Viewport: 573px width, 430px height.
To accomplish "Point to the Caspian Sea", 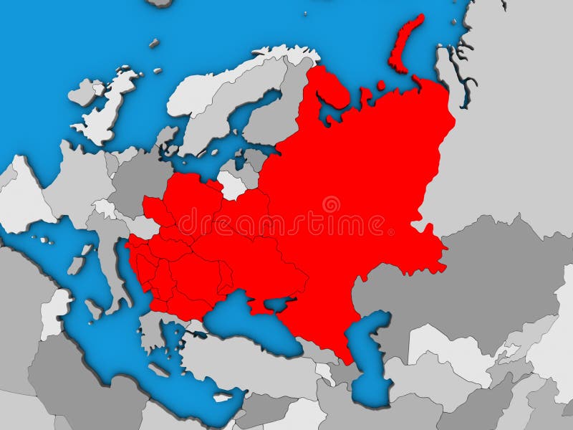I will coord(372,351).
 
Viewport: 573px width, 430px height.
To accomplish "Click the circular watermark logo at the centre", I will coord(331,205).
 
